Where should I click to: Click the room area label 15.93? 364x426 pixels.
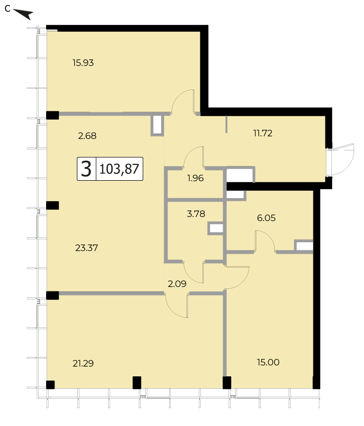click(x=83, y=63)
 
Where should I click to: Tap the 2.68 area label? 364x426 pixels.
click(x=87, y=136)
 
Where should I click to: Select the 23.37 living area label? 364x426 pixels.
click(x=86, y=248)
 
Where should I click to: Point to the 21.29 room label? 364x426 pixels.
click(x=83, y=363)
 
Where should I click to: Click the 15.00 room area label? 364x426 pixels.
click(x=268, y=362)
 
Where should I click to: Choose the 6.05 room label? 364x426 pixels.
click(x=266, y=218)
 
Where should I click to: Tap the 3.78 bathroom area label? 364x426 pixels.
click(x=196, y=214)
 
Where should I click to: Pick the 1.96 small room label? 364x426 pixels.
click(x=195, y=178)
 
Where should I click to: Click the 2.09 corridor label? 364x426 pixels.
click(x=177, y=284)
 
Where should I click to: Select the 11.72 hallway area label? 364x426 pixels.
click(x=263, y=133)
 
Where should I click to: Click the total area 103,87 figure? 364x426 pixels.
click(x=120, y=169)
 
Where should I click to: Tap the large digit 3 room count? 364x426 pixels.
click(x=86, y=169)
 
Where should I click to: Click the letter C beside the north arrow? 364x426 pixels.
click(x=7, y=9)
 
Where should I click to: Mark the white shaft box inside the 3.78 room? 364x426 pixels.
click(x=216, y=228)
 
